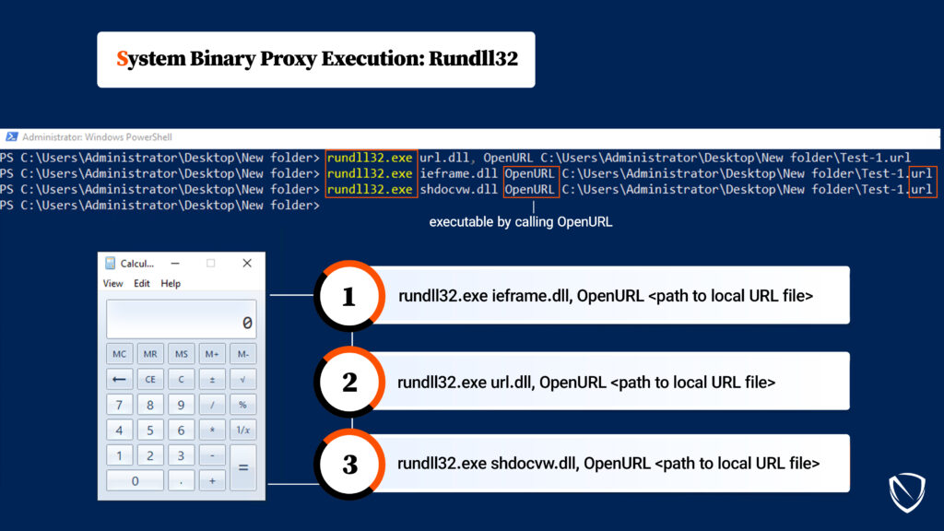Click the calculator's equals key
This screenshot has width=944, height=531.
click(x=243, y=467)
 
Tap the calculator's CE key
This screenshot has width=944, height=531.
click(x=150, y=379)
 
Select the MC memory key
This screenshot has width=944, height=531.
click(x=119, y=354)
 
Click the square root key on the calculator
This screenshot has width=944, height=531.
click(x=242, y=379)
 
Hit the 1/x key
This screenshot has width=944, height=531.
click(x=242, y=430)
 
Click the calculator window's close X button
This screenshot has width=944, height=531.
click(x=247, y=263)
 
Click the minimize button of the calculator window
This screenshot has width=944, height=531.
click(x=175, y=263)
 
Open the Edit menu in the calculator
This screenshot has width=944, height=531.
click(x=141, y=284)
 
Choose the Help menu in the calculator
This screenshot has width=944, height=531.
click(x=171, y=284)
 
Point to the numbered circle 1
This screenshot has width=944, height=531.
click(x=349, y=296)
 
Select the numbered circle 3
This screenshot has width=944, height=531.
click(x=349, y=465)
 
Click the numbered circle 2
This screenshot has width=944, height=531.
click(x=349, y=382)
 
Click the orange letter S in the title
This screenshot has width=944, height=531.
click(x=123, y=59)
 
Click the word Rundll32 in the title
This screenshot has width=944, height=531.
click(x=473, y=58)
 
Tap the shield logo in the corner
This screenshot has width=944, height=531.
click(x=907, y=492)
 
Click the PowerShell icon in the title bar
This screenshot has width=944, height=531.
click(x=11, y=137)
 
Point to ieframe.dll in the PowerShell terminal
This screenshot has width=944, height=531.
click(x=459, y=174)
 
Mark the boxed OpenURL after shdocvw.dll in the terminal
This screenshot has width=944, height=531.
click(x=530, y=190)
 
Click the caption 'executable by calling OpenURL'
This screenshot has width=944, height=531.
click(x=521, y=222)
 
